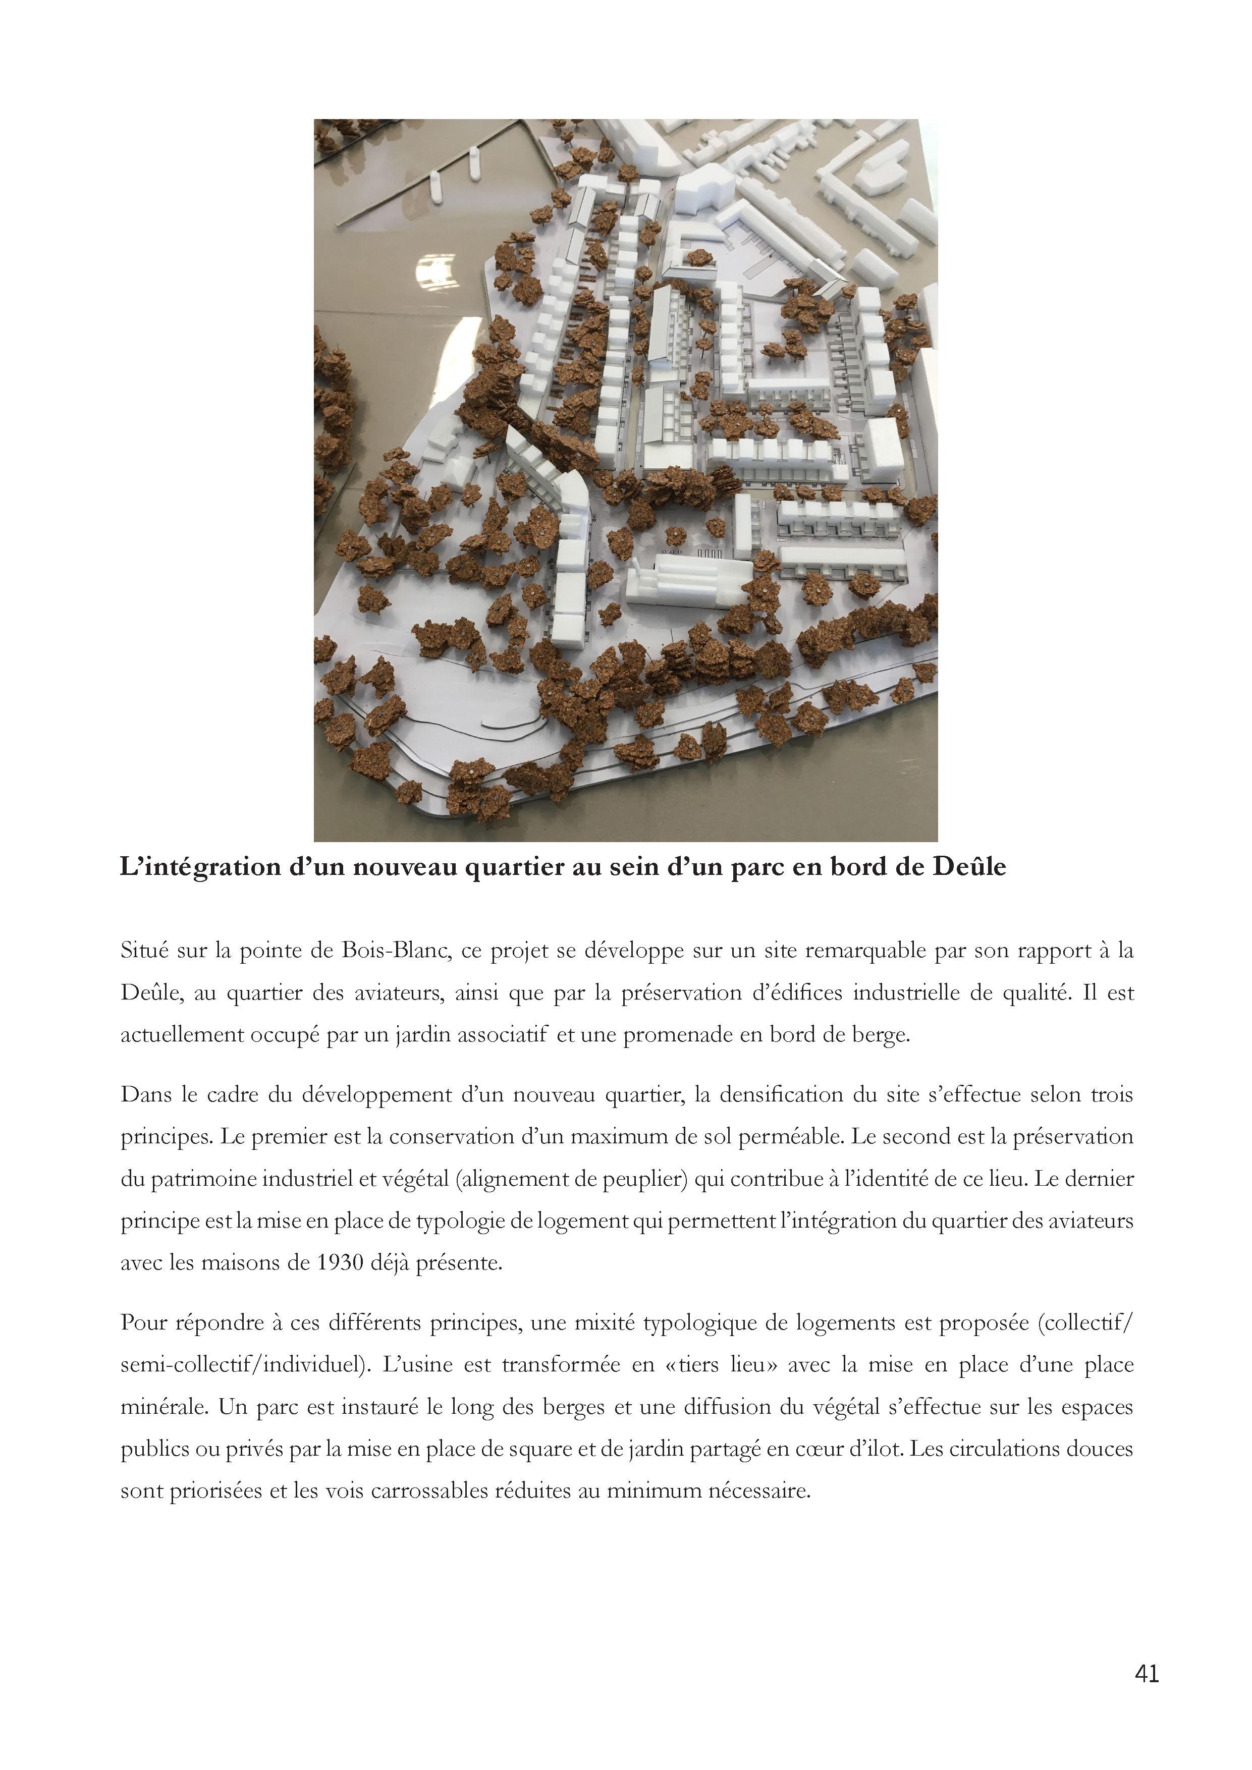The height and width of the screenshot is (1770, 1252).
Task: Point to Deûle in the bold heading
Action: pos(969,867)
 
